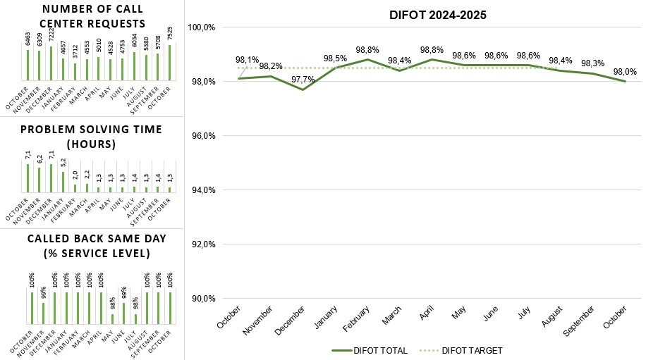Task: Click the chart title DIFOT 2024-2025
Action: pyautogui.click(x=439, y=15)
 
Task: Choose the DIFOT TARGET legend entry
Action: pyautogui.click(x=461, y=350)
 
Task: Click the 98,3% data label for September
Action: pyautogui.click(x=592, y=63)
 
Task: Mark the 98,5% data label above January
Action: pyautogui.click(x=335, y=58)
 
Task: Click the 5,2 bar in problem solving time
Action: pyautogui.click(x=63, y=182)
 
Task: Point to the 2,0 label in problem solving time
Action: pyautogui.click(x=74, y=175)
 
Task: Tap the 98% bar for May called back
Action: pyautogui.click(x=111, y=319)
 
